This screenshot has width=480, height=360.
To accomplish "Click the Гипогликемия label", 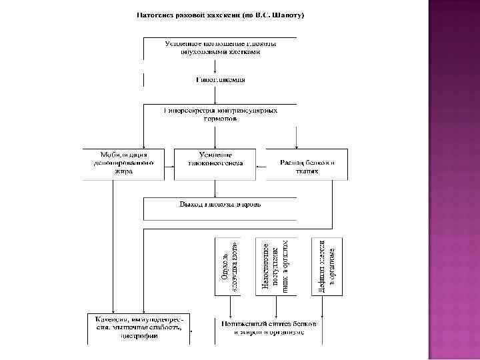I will point(220,79).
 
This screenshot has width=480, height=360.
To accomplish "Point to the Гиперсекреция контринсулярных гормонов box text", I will point(220,114).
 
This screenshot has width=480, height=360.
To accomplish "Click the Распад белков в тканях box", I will point(307,163).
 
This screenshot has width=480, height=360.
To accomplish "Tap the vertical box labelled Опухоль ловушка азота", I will point(231,266).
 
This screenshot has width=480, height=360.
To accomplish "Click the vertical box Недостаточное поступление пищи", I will point(275,266).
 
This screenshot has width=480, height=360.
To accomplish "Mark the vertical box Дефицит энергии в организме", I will point(327,266).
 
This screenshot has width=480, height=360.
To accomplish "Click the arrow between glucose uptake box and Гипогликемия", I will point(215,68).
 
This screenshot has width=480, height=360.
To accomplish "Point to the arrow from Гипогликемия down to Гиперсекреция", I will point(215,94).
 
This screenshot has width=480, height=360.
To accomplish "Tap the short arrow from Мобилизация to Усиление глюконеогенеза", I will point(169,163).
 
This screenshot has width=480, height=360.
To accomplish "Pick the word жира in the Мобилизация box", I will point(123,171).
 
